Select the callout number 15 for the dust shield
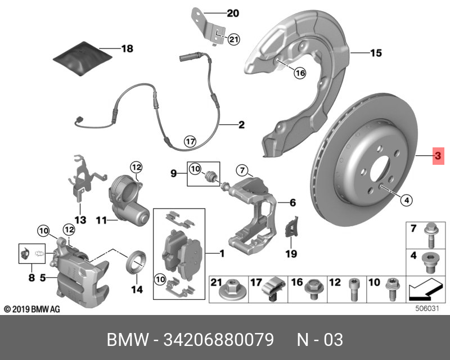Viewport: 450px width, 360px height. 375,53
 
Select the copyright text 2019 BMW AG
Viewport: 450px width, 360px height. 31,309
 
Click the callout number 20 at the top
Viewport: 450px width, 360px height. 233,12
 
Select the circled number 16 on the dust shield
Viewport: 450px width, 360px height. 299,73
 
